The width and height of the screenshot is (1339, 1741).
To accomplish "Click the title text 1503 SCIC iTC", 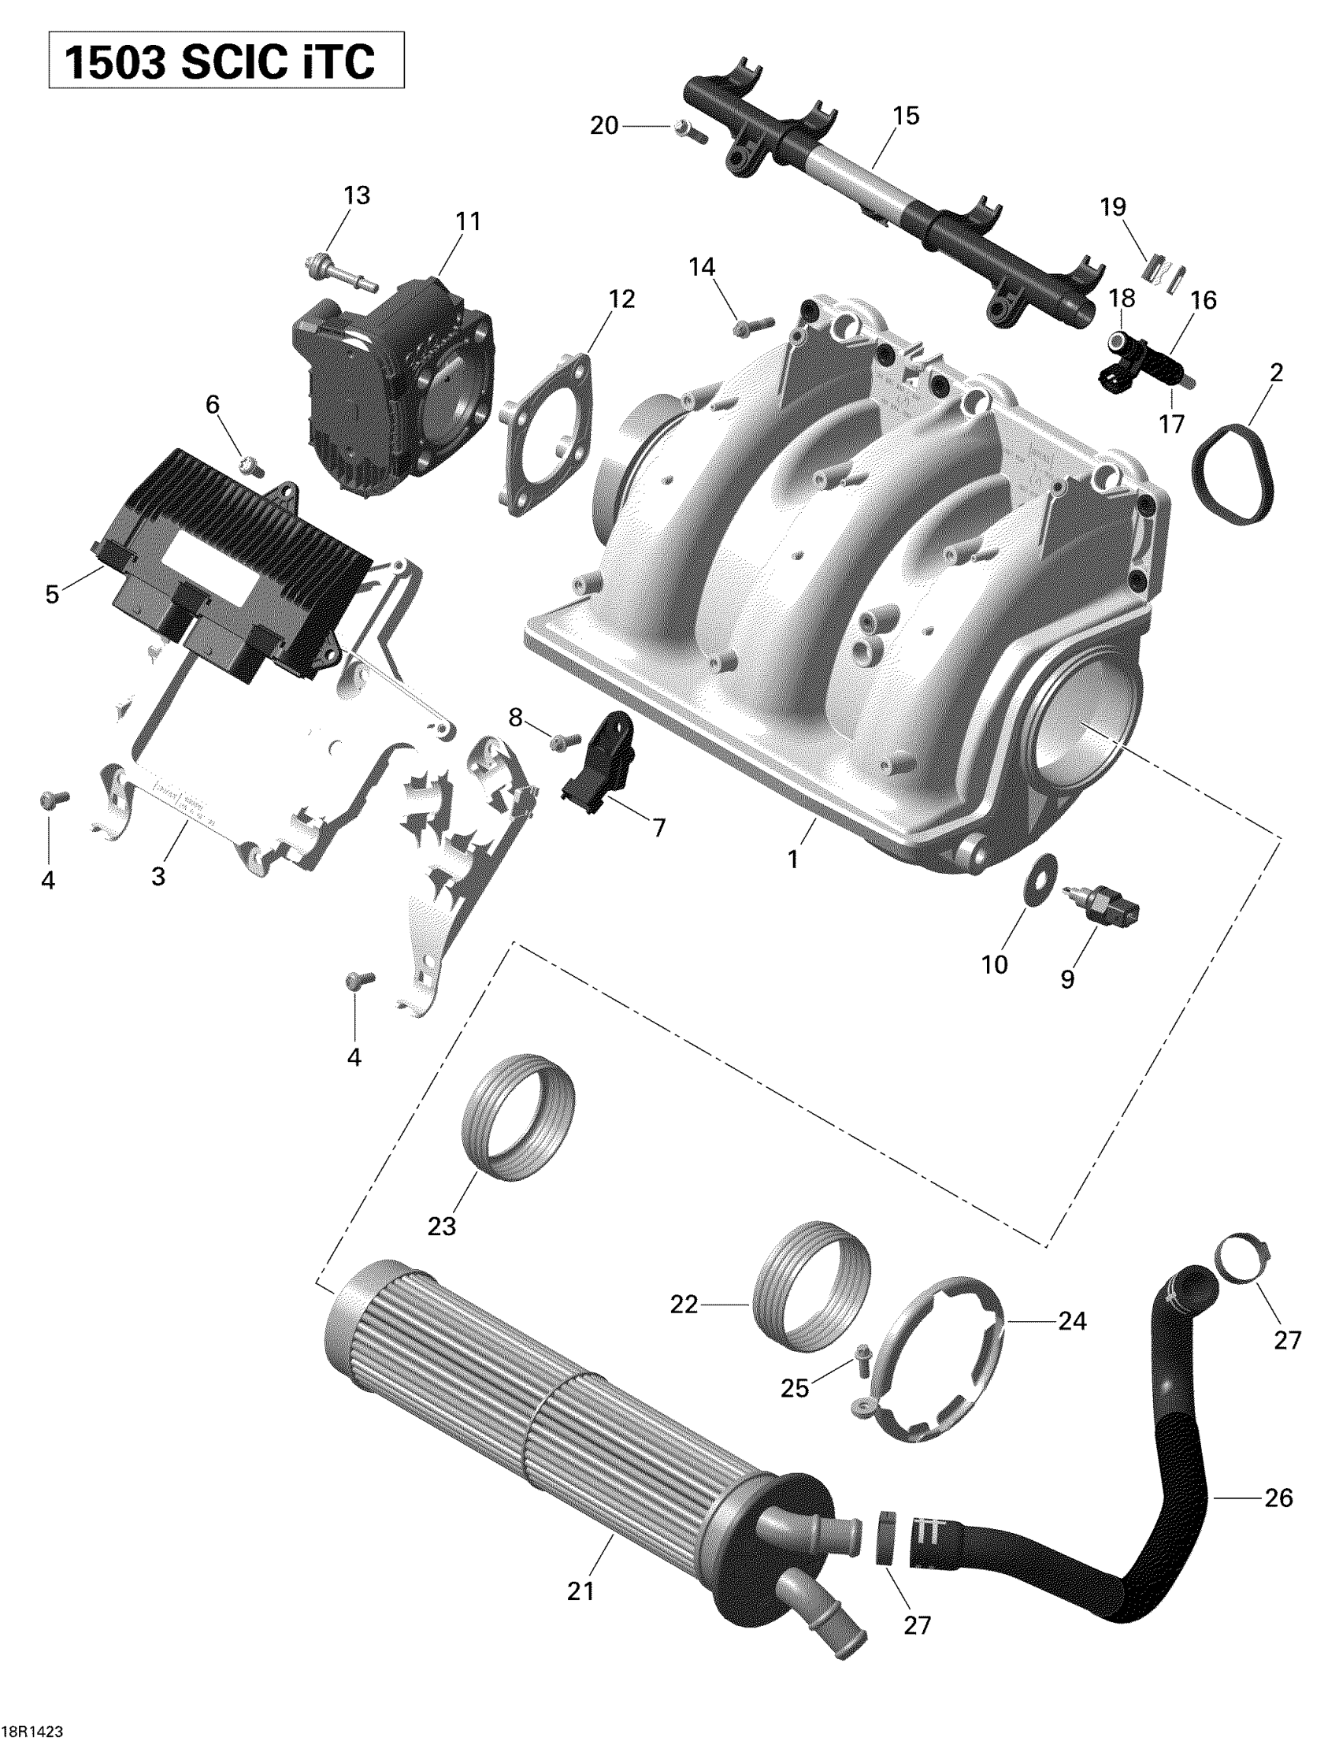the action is (219, 61).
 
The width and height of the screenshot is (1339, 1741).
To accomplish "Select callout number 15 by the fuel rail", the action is (907, 116).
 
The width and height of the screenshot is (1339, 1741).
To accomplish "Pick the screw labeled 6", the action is (251, 466).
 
